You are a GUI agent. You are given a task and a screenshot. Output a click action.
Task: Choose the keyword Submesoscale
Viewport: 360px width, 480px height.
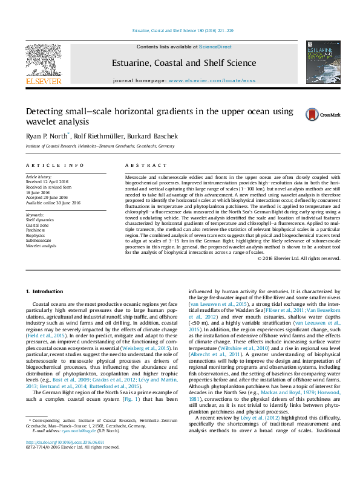pyautogui.click(x=39, y=241)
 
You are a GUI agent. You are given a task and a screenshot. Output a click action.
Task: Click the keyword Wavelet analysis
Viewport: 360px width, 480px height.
pyautogui.click(x=42, y=246)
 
